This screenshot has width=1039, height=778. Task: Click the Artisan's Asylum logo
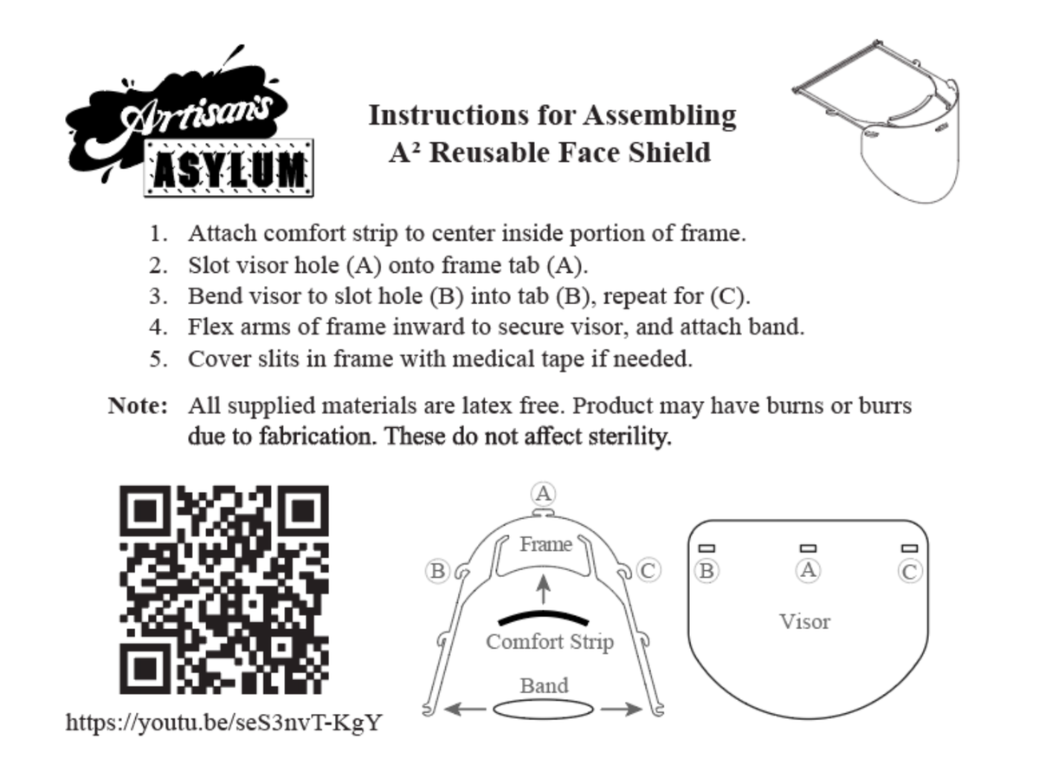pos(190,121)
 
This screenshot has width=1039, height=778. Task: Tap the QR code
pos(223,589)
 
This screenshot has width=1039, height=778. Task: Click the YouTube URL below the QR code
pos(223,722)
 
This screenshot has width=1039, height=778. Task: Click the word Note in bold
pos(137,405)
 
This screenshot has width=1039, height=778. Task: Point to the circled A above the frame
pos(544,494)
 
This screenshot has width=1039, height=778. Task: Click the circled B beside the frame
pos(438,571)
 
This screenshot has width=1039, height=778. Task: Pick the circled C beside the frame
pos(648,570)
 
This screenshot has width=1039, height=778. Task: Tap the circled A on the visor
pos(808,570)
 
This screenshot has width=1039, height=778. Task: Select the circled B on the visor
pos(707,571)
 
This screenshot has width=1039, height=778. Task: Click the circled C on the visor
pos(909,571)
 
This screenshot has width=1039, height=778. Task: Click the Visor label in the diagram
pos(804,621)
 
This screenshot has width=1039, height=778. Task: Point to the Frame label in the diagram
pos(545,544)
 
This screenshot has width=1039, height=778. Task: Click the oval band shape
pos(544,709)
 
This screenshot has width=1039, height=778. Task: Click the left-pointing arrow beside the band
pos(465,710)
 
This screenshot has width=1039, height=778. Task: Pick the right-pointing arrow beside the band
pos(622,710)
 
